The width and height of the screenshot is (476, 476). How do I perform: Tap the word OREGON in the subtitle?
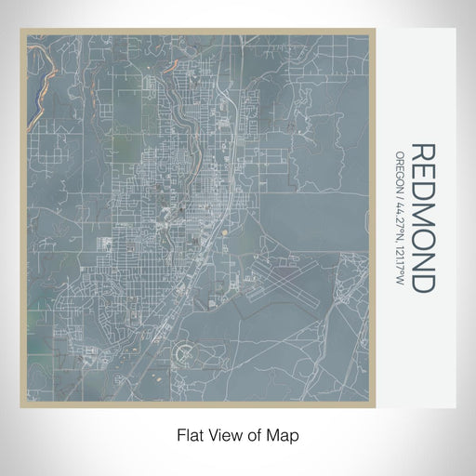tap(400, 168)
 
